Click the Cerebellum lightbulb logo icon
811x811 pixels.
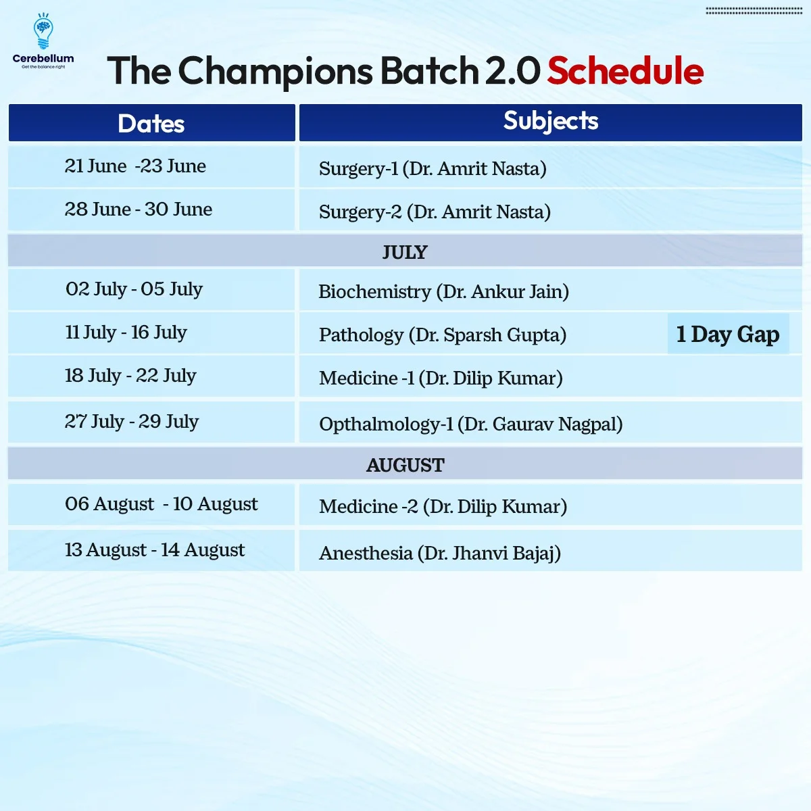[43, 31]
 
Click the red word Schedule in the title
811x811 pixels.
[625, 71]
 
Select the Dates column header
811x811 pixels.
[151, 123]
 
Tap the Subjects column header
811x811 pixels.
[551, 122]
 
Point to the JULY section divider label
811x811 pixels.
[405, 253]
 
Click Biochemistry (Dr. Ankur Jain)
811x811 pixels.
[443, 292]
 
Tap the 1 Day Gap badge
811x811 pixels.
[728, 334]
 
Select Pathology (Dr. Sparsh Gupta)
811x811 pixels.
[443, 335]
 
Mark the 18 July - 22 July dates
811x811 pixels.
[130, 376]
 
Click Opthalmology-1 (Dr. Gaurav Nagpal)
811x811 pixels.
[471, 424]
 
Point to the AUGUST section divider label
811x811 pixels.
[405, 465]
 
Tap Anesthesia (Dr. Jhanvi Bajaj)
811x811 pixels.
[440, 553]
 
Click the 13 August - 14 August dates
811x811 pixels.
[155, 550]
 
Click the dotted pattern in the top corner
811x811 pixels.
[754, 11]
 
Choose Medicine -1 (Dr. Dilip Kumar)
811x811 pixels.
[441, 378]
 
